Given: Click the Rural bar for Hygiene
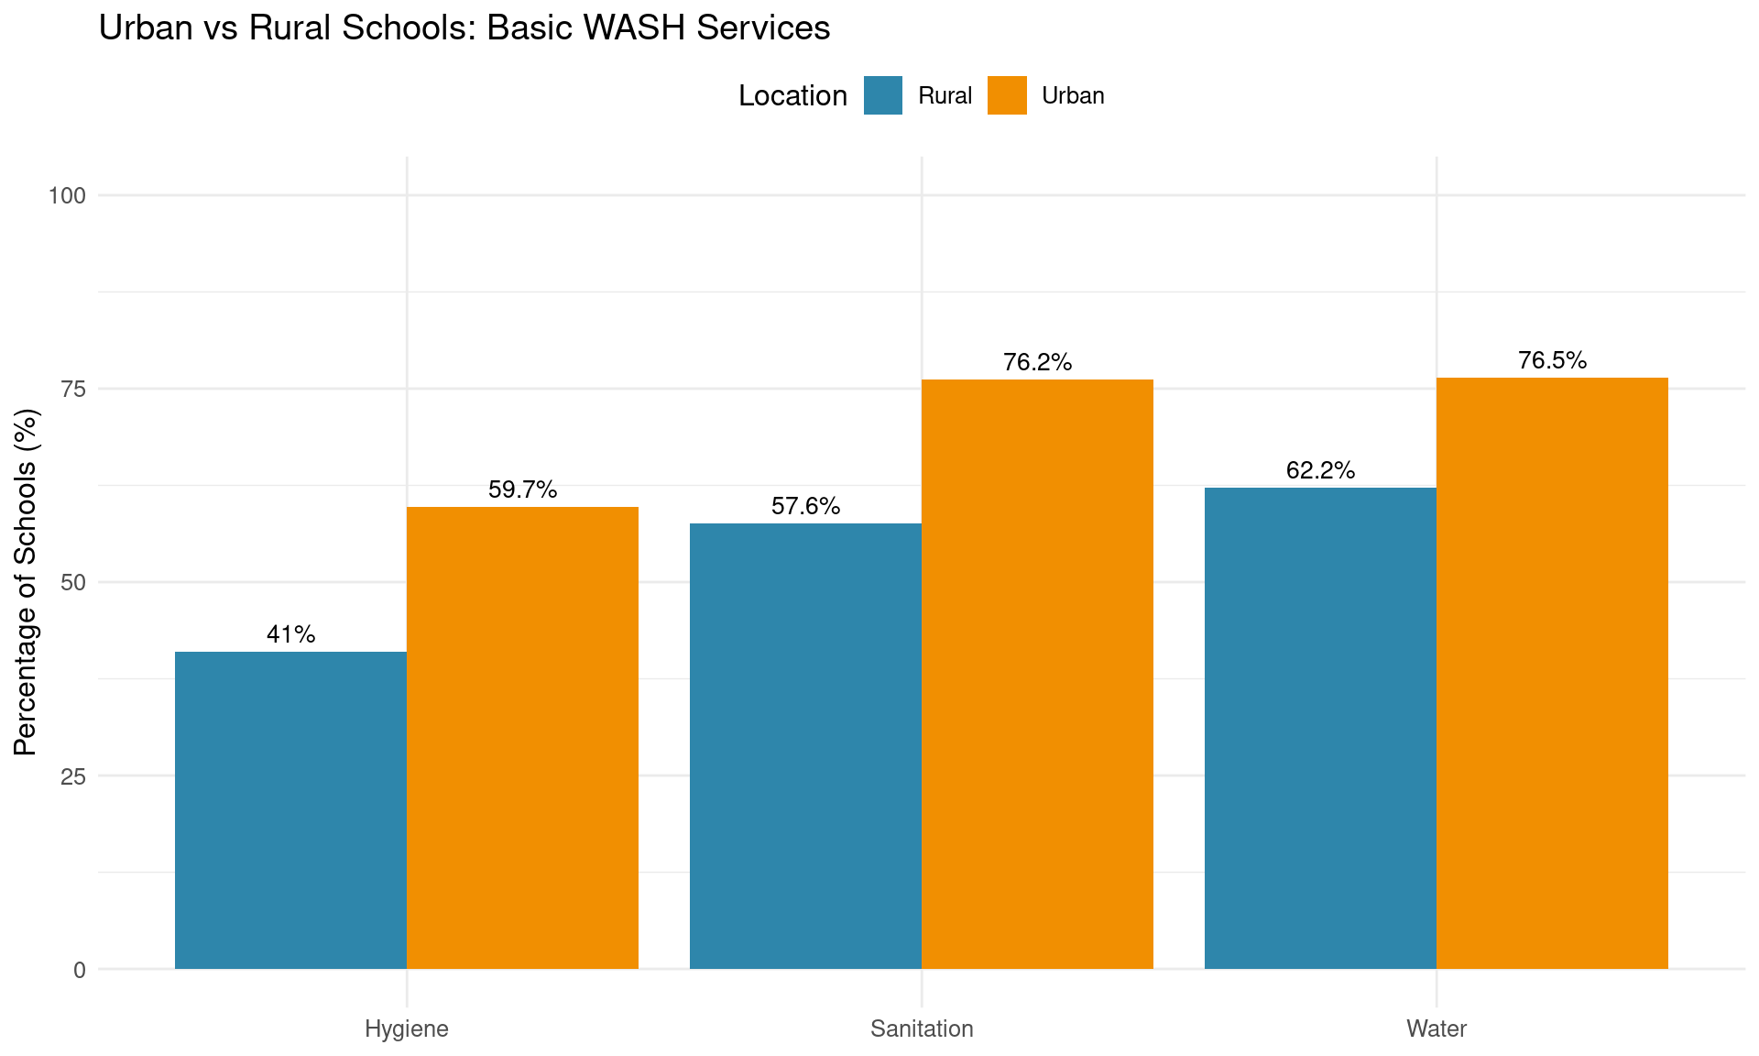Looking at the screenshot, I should pyautogui.click(x=290, y=810).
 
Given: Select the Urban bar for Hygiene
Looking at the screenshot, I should pyautogui.click(x=522, y=738).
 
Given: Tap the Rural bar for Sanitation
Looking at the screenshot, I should pyautogui.click(x=805, y=746).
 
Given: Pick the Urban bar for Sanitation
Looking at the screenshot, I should pyautogui.click(x=1037, y=674).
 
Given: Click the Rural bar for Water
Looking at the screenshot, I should pyautogui.click(x=1320, y=728).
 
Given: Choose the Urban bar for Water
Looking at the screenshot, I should pyautogui.click(x=1552, y=673).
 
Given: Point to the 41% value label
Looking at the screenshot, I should pyautogui.click(x=290, y=634).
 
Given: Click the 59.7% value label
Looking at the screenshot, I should pyautogui.click(x=522, y=489).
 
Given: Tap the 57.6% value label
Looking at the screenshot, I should pyautogui.click(x=805, y=506).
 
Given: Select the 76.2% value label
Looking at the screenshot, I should pyautogui.click(x=1037, y=362).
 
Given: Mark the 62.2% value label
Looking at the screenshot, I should pyautogui.click(x=1320, y=470).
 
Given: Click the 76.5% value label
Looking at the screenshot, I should pyautogui.click(x=1552, y=360).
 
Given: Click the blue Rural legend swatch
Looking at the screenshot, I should pyautogui.click(x=883, y=95).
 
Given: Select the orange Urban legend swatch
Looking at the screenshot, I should pyautogui.click(x=1007, y=95).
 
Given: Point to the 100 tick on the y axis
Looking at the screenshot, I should pyautogui.click(x=68, y=195).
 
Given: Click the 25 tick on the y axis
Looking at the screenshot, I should pyautogui.click(x=73, y=776).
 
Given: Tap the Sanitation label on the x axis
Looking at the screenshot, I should pyautogui.click(x=922, y=1028).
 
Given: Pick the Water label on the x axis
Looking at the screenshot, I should pyautogui.click(x=1437, y=1028).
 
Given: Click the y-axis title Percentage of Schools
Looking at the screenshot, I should pyautogui.click(x=27, y=582).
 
